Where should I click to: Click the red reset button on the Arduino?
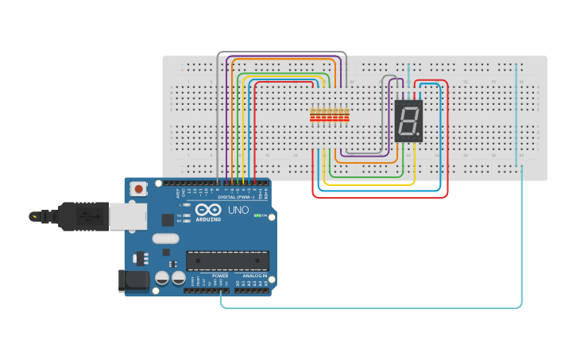[x=140, y=189]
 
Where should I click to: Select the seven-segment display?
[x=408, y=121]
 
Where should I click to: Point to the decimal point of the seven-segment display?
[x=419, y=136]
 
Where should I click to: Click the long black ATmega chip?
[x=227, y=260]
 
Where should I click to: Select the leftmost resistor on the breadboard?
[x=312, y=116]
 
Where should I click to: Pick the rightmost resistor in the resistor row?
[x=346, y=116]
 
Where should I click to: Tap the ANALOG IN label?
[x=253, y=276]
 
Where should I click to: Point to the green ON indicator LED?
[x=257, y=215]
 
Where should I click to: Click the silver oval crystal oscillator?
[x=165, y=238]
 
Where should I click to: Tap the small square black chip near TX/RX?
[x=168, y=219]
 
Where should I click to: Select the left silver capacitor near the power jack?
[x=161, y=278]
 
